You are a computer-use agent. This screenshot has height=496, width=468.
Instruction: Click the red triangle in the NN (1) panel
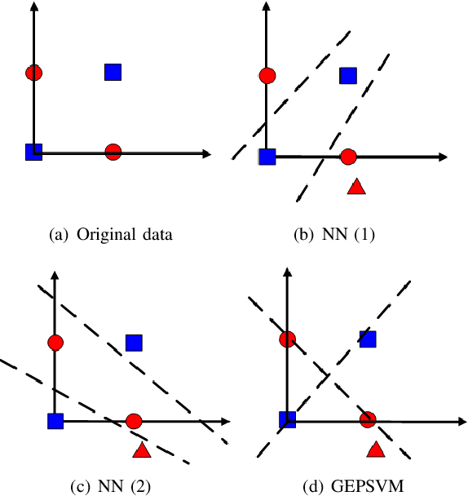[x=355, y=187]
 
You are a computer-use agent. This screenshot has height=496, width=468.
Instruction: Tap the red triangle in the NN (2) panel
[x=141, y=450]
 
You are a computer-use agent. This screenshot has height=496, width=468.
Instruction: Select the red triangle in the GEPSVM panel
[x=375, y=449]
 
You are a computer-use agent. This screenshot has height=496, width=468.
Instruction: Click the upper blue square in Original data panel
[x=113, y=72]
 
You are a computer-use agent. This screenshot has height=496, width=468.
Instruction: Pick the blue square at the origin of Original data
[x=33, y=151]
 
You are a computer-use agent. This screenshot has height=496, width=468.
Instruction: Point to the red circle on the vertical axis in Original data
[x=33, y=73]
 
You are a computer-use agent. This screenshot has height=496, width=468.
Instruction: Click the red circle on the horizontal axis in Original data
[x=113, y=151]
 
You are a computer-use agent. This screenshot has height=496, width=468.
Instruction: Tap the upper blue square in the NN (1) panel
[x=348, y=76]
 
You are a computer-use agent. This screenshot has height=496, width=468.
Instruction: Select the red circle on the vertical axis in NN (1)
[x=266, y=76]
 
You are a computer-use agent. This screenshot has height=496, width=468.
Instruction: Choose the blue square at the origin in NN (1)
[x=267, y=157]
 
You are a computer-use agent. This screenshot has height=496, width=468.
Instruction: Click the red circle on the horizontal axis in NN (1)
[x=348, y=157]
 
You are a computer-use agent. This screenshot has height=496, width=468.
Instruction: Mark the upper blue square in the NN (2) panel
[x=134, y=343]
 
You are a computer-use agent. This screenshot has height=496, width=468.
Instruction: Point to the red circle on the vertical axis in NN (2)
[x=55, y=343]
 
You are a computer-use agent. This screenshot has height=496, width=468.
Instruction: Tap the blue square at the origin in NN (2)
[x=55, y=421]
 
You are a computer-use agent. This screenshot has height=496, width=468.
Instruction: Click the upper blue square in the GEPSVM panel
[x=369, y=339]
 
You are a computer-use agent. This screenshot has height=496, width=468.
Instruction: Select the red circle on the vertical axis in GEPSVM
[x=287, y=339]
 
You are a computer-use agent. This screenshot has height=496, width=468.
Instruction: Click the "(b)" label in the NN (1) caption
[x=303, y=235]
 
